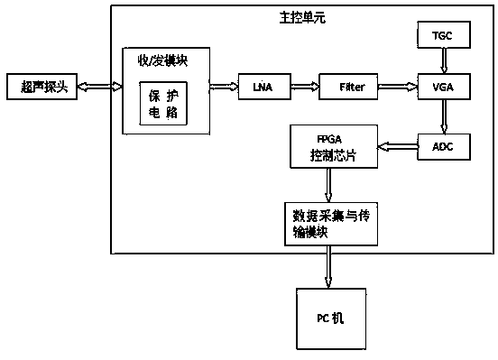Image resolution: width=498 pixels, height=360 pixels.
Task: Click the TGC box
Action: [x=444, y=34]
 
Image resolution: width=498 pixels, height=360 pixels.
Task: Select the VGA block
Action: [x=444, y=87]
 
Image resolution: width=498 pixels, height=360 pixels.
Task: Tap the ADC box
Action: [x=444, y=147]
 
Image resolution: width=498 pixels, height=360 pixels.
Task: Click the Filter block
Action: [x=348, y=87]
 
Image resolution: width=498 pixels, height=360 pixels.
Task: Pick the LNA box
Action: [x=264, y=87]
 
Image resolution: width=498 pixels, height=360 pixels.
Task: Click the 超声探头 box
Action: [x=41, y=87]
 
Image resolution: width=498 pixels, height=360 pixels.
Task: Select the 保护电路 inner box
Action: [x=163, y=103]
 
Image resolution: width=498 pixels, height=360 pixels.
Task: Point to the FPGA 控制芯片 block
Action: [x=334, y=146]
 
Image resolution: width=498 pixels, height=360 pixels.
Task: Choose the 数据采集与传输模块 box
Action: [x=331, y=224]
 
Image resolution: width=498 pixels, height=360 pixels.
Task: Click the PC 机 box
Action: [x=331, y=318]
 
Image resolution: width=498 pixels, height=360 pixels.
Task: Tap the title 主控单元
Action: [x=302, y=18]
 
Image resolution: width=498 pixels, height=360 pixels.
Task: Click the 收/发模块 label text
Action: [x=162, y=60]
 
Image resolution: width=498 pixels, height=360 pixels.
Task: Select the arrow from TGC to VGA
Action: [x=444, y=60]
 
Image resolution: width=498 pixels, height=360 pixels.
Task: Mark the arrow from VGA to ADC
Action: [x=444, y=116]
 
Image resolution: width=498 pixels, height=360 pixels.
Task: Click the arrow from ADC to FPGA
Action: [x=398, y=147]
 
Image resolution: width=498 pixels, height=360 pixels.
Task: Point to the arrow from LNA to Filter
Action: [x=305, y=87]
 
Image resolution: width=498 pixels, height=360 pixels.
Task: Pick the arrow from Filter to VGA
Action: [x=398, y=87]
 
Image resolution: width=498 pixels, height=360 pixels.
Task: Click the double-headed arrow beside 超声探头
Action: [x=100, y=87]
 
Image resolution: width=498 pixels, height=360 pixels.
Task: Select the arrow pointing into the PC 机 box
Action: [x=328, y=267]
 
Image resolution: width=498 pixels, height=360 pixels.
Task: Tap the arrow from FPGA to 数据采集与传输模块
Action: [x=328, y=185]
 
